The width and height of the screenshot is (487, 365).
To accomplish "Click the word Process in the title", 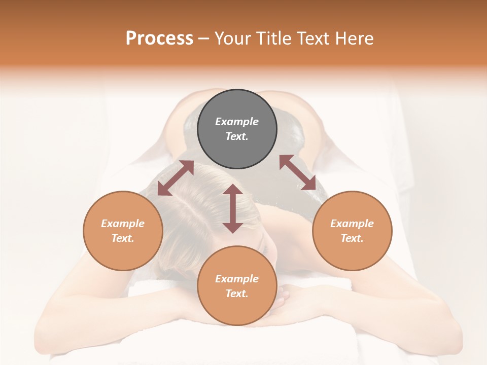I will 159,39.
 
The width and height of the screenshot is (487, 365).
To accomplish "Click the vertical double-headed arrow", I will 233,208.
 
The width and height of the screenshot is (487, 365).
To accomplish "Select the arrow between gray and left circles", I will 176,178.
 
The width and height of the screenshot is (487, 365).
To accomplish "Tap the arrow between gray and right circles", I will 298,172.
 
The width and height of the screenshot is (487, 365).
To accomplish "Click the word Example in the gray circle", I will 237,122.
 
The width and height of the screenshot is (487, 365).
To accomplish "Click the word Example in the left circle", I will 123,224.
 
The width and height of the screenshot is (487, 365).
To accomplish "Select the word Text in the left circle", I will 123,238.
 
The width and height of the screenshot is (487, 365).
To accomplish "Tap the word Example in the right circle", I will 352,224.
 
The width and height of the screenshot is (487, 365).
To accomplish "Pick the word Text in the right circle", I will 352,238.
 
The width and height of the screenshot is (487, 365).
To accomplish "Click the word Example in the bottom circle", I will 237,279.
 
